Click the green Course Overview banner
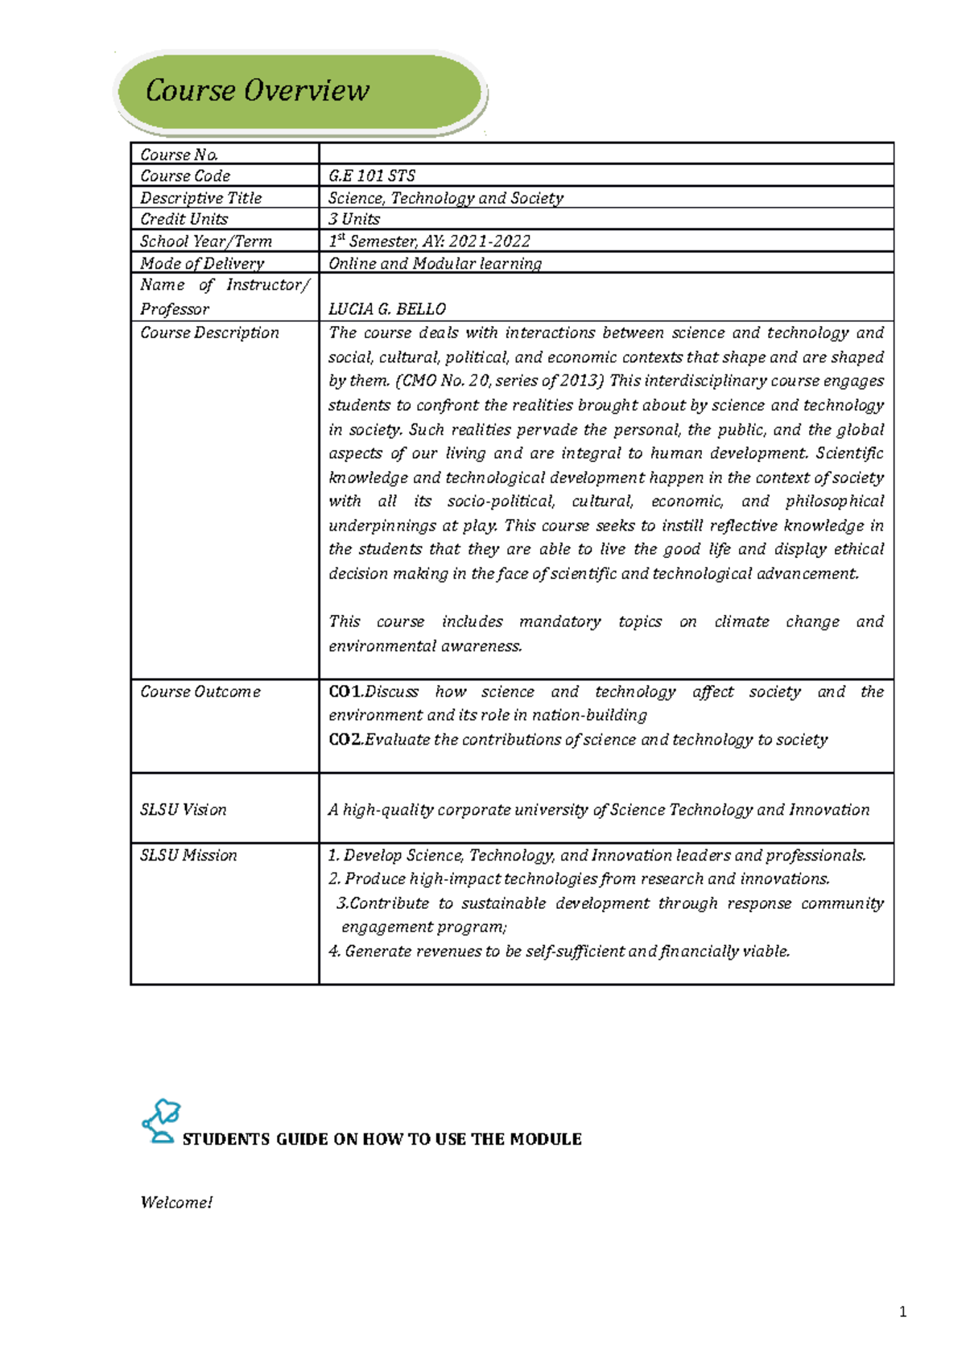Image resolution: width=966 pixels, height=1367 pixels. (x=299, y=90)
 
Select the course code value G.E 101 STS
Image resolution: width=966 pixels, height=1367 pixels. (x=371, y=176)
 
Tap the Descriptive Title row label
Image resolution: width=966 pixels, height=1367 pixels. (x=200, y=198)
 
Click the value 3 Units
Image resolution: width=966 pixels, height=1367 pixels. (x=353, y=219)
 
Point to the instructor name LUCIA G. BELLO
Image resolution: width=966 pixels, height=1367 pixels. (x=386, y=309)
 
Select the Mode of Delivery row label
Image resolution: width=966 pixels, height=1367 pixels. (x=201, y=263)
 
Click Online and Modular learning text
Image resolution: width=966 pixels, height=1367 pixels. (x=435, y=263)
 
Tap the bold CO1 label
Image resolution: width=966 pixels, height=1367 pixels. (x=345, y=692)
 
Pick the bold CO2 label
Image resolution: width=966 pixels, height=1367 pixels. (x=345, y=739)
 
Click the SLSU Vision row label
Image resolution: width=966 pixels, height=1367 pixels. (x=183, y=810)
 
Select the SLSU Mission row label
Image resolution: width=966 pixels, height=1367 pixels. (x=188, y=855)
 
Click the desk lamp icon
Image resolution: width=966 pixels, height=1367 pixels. (x=161, y=1121)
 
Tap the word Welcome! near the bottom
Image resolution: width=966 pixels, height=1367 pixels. (x=176, y=1202)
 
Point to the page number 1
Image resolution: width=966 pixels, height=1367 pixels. (x=902, y=1312)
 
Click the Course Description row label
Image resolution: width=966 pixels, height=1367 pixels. (x=209, y=332)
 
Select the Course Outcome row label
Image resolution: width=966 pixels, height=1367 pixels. (x=200, y=692)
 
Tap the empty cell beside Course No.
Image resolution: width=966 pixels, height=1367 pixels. (x=605, y=154)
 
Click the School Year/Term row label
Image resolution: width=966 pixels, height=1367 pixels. (x=205, y=242)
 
